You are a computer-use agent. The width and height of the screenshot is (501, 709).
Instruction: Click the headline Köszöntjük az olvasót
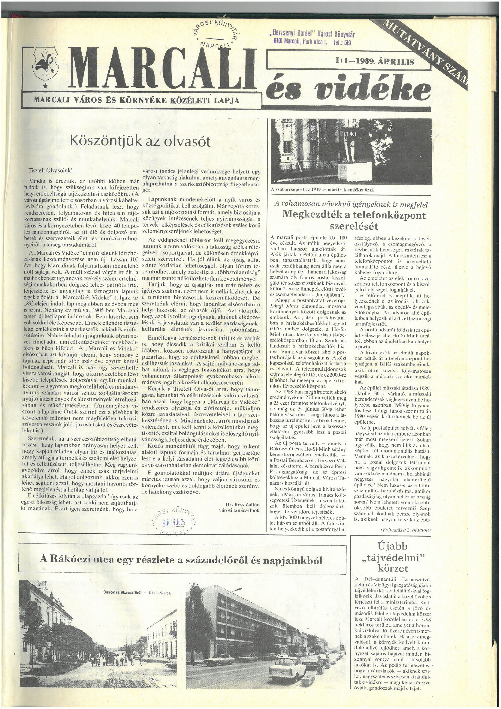pyautogui.click(x=141, y=141)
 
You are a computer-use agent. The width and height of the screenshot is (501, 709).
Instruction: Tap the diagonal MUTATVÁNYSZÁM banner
pyautogui.click(x=426, y=49)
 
